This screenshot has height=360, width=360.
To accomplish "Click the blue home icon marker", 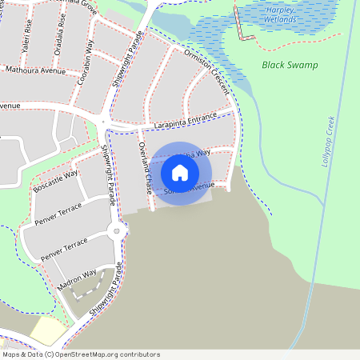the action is (x=180, y=173).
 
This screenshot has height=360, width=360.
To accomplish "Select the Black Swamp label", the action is (x=290, y=65).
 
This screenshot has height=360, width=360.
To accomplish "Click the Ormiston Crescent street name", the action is (x=207, y=70).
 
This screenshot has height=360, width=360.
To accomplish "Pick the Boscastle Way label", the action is (x=56, y=181).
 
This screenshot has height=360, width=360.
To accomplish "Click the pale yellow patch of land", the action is (x=48, y=330).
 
